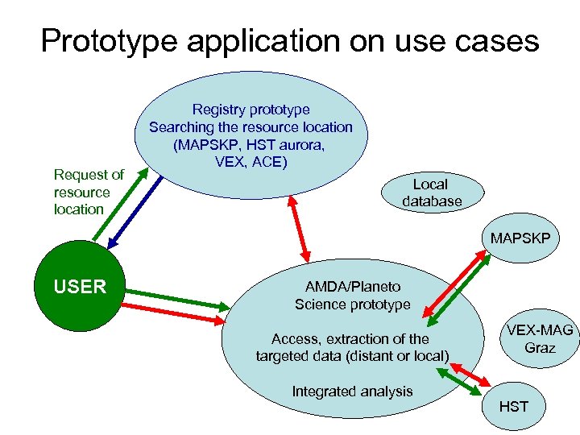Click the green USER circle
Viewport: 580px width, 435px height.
(x=80, y=286)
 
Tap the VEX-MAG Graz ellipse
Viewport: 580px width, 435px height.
(x=539, y=339)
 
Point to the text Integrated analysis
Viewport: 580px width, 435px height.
(x=352, y=391)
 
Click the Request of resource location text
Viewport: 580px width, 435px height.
(x=89, y=192)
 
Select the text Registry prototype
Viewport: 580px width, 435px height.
(x=251, y=110)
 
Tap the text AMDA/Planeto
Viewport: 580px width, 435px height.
(x=352, y=287)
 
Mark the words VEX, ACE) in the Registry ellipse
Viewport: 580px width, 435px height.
(x=251, y=161)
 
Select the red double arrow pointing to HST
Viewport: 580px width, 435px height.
(x=472, y=374)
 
